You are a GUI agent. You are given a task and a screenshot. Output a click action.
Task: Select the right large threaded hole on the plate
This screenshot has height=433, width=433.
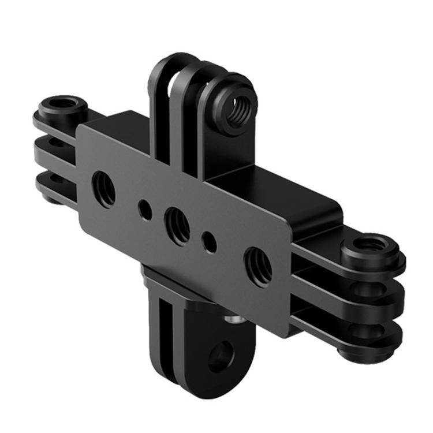click(x=258, y=266)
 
